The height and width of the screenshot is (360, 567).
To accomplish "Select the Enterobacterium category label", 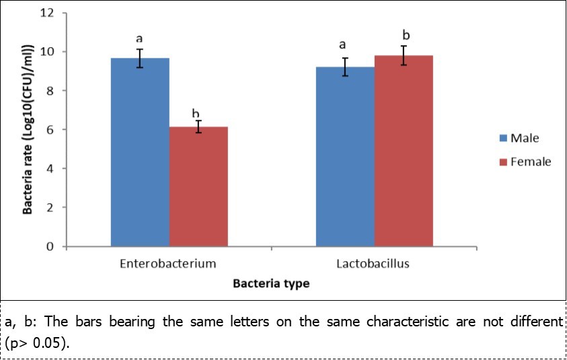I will pyautogui.click(x=169, y=264).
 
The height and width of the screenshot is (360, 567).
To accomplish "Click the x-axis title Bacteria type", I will pyautogui.click(x=271, y=284).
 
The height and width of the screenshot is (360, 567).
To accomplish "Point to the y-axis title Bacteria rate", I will pyautogui.click(x=29, y=129).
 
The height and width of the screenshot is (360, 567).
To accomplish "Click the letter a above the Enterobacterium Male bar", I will pyautogui.click(x=140, y=39).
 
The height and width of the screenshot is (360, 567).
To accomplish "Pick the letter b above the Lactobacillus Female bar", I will pyautogui.click(x=405, y=34).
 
